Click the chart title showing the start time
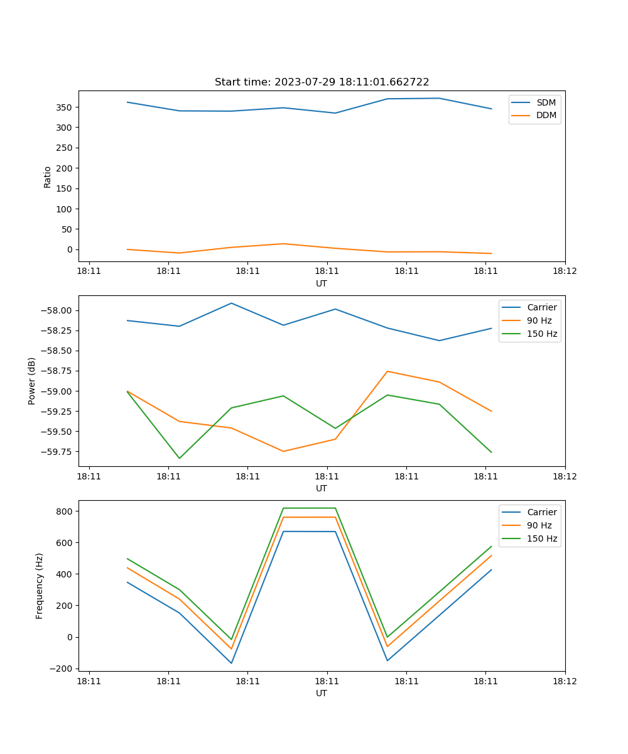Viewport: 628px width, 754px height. (x=322, y=82)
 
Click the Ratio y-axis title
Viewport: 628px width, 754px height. (x=48, y=177)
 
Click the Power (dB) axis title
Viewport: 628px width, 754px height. (x=32, y=381)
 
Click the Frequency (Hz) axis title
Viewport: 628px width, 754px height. (x=40, y=586)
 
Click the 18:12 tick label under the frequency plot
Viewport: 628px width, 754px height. (x=565, y=680)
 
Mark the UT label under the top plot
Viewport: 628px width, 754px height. (x=322, y=283)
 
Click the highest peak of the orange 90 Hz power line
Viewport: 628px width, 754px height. (x=387, y=371)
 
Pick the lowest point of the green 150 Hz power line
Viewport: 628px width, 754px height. (x=180, y=458)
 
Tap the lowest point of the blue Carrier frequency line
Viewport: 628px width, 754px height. (x=231, y=663)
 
